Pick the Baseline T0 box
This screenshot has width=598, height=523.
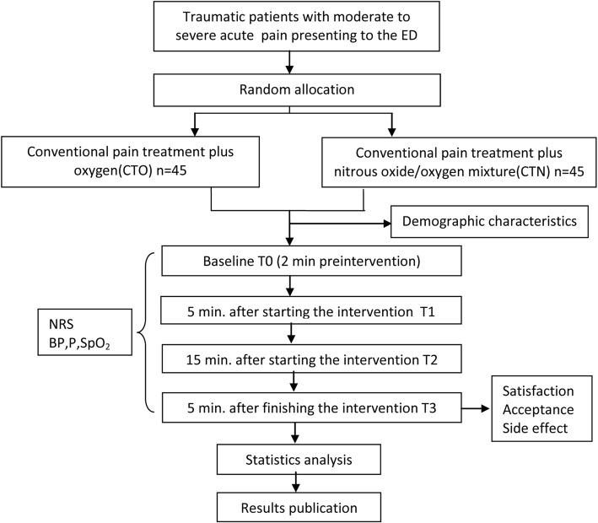click(289, 261)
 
